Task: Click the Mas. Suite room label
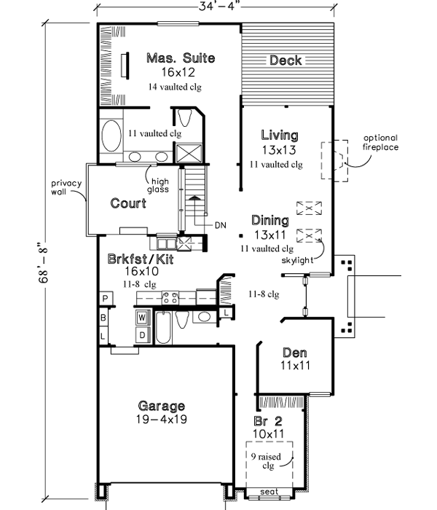coord(180,58)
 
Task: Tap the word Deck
coord(286,60)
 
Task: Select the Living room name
coord(280,135)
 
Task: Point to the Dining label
coord(269,220)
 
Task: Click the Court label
coord(128,203)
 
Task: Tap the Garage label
coord(161,406)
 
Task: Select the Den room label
coord(295,352)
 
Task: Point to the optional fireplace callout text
coord(381,142)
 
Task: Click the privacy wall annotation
coord(65,187)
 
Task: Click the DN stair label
coord(221,225)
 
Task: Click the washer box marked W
coord(142,318)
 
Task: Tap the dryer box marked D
coord(142,334)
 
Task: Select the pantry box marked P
coord(105,299)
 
